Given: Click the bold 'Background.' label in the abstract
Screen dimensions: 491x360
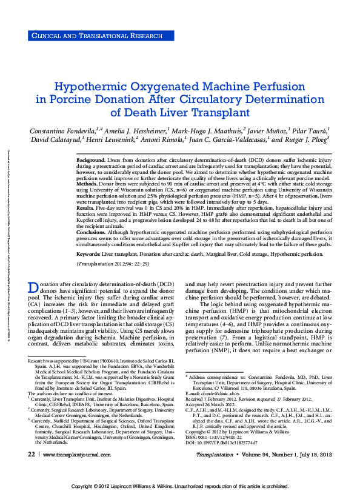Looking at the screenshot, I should (91, 159).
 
